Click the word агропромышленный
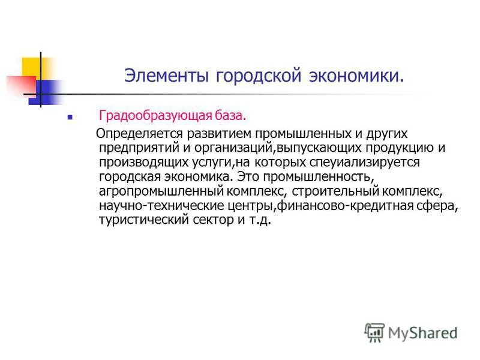pyautogui.click(x=150, y=192)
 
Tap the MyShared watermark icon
pyautogui.click(x=374, y=332)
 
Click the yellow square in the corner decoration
pyautogui.click(x=31, y=67)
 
